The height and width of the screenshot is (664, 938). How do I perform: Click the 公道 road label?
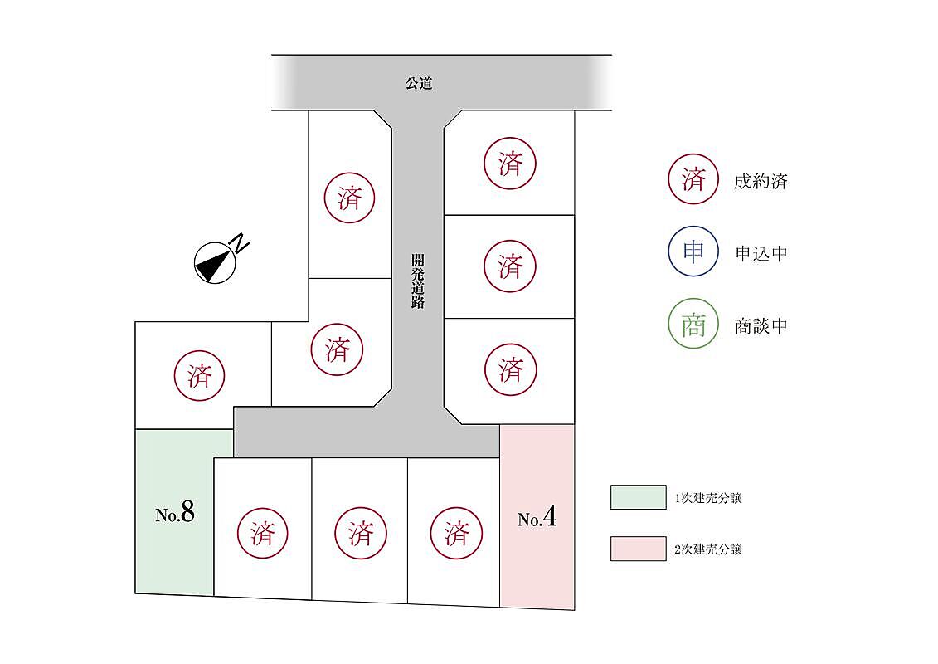420,83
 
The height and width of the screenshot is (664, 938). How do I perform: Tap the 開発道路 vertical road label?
418,281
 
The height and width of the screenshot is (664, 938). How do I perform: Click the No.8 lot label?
175,514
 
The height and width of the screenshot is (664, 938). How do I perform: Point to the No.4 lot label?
537,520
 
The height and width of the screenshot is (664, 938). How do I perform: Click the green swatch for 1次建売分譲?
638,497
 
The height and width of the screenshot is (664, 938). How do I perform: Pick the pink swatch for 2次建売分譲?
638,549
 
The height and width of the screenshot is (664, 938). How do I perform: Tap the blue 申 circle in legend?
693,251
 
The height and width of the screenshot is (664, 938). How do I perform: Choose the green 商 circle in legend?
693,324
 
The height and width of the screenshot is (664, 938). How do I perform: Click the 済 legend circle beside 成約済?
693,179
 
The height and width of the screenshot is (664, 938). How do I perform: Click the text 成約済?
760,181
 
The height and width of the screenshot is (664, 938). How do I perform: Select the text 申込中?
760,253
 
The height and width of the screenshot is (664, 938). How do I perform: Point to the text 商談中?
760,325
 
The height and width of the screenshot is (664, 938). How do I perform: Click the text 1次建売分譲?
708,498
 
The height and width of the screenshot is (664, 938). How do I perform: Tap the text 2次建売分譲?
708,549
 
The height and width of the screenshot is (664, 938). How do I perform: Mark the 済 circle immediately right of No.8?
263,533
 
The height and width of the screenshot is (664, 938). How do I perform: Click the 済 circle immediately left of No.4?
456,533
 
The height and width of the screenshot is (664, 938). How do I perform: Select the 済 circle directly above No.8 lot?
199,376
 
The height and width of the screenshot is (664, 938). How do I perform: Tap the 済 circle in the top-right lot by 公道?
510,164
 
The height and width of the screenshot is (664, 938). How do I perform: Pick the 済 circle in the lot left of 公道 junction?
349,198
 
